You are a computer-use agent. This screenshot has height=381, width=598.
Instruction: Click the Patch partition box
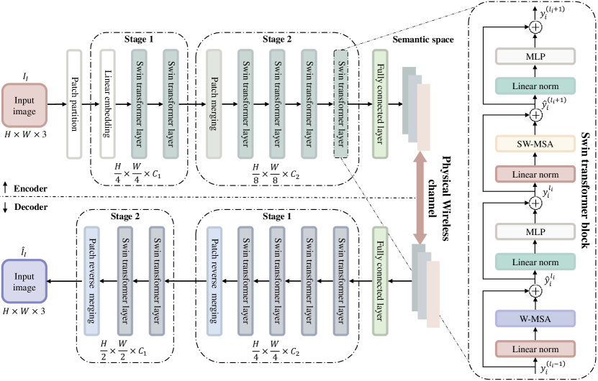tap(73, 104)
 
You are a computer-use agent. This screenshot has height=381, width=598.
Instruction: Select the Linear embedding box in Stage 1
tap(108, 104)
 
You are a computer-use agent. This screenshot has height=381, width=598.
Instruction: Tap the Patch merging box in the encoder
tap(214, 104)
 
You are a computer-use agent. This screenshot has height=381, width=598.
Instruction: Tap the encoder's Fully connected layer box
tap(379, 104)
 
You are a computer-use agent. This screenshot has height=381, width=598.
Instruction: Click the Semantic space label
tap(423, 40)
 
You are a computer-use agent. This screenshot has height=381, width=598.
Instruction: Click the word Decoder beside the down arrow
tap(30, 207)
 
